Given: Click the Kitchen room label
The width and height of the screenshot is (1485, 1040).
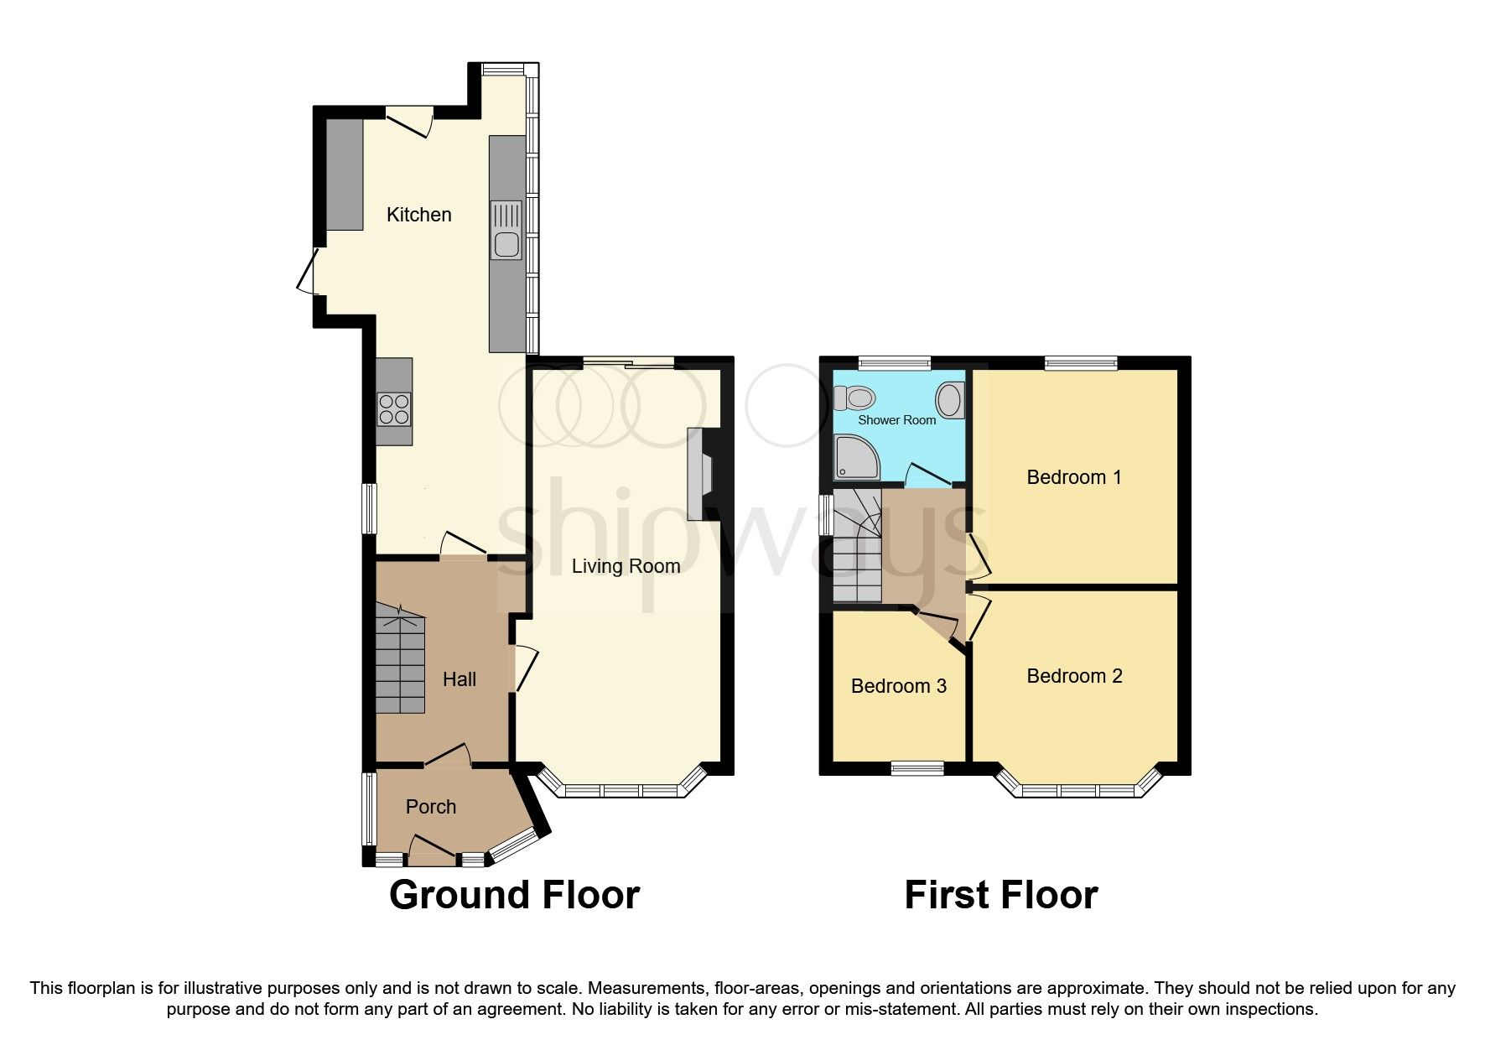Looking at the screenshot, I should [x=418, y=215].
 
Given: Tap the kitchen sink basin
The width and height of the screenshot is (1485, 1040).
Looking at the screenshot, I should [x=506, y=244].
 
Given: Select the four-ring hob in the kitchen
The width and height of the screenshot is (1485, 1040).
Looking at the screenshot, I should [x=394, y=408].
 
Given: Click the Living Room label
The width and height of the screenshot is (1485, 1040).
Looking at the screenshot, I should [x=626, y=566].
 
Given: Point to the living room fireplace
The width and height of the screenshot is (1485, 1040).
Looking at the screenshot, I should [x=698, y=474].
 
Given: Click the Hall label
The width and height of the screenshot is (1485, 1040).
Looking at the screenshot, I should [x=459, y=679].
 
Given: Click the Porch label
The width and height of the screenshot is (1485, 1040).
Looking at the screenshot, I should [x=431, y=807].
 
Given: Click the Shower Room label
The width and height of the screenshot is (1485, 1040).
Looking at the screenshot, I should [x=896, y=419].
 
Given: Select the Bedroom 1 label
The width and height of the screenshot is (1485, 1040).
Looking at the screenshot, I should [x=1073, y=477].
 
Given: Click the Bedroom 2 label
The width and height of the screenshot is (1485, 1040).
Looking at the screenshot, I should [x=1073, y=676].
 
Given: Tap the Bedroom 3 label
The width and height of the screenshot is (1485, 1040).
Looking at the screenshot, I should [x=898, y=686].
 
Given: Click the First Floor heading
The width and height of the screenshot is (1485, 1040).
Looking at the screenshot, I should [x=1000, y=895].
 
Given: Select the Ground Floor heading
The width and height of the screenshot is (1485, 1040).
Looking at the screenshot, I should [x=514, y=895].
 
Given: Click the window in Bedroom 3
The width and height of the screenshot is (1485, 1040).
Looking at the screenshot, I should [x=916, y=767].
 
